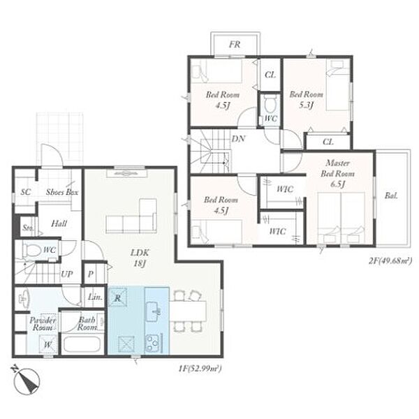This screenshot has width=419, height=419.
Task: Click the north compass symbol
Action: tap(27, 380)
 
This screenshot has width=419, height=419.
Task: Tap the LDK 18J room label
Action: tap(140, 258)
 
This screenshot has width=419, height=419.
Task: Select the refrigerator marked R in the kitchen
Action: tap(117, 297)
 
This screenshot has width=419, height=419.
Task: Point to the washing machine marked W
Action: tap(47, 344)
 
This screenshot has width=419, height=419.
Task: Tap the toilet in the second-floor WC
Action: tap(269, 104)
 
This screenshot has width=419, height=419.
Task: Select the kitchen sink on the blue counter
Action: tap(153, 311)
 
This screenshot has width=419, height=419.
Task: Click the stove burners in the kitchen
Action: tap(152, 343)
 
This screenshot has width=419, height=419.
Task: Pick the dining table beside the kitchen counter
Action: tap(188, 311)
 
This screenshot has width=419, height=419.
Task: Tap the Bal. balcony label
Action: tap(391, 196)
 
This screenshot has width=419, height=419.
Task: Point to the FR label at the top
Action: tap(235, 45)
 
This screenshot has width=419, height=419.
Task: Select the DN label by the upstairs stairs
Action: tap(238, 139)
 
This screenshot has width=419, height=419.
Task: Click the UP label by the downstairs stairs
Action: tap(66, 274)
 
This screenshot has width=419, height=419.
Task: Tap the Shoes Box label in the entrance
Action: tap(62, 192)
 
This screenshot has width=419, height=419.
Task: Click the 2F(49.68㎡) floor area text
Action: tap(390, 260)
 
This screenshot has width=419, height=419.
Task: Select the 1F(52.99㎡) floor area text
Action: tap(200, 369)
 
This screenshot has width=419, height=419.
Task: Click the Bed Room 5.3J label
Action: tap(307, 99)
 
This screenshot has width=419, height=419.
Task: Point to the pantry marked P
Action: tap(91, 274)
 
